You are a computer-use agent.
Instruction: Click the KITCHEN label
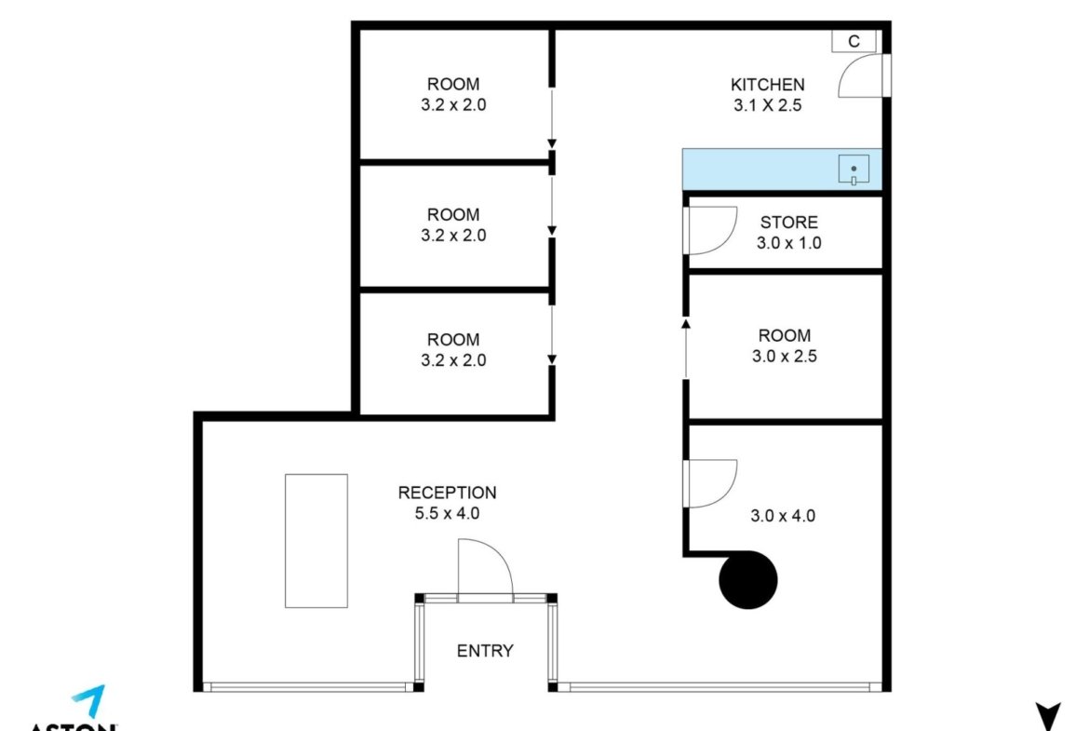768,85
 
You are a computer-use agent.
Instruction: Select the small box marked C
854,41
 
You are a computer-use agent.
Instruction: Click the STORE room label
789,223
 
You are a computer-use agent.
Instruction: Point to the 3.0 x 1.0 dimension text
789,243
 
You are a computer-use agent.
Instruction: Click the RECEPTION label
448,493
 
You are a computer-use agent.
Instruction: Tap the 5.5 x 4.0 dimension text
448,513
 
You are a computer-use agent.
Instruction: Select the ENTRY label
485,651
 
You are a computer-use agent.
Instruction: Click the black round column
748,579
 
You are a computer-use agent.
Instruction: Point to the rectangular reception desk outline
316,541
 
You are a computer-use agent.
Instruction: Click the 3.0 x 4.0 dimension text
783,516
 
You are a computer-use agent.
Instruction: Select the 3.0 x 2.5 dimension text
785,357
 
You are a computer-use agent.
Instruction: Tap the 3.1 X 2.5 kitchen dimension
768,105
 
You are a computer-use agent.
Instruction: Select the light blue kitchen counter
782,169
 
